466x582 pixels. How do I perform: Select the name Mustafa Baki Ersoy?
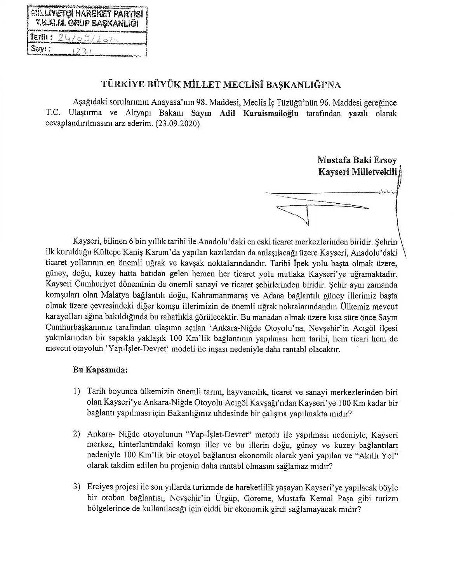coord(357,160)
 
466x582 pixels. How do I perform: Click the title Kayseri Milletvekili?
coord(358,171)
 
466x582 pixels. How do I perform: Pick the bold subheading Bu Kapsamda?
coord(100,370)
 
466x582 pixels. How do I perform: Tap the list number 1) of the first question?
coord(77,392)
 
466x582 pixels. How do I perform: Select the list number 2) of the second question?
coord(77,434)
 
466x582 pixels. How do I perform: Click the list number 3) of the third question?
coord(77,488)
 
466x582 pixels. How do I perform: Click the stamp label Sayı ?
coord(39,50)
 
